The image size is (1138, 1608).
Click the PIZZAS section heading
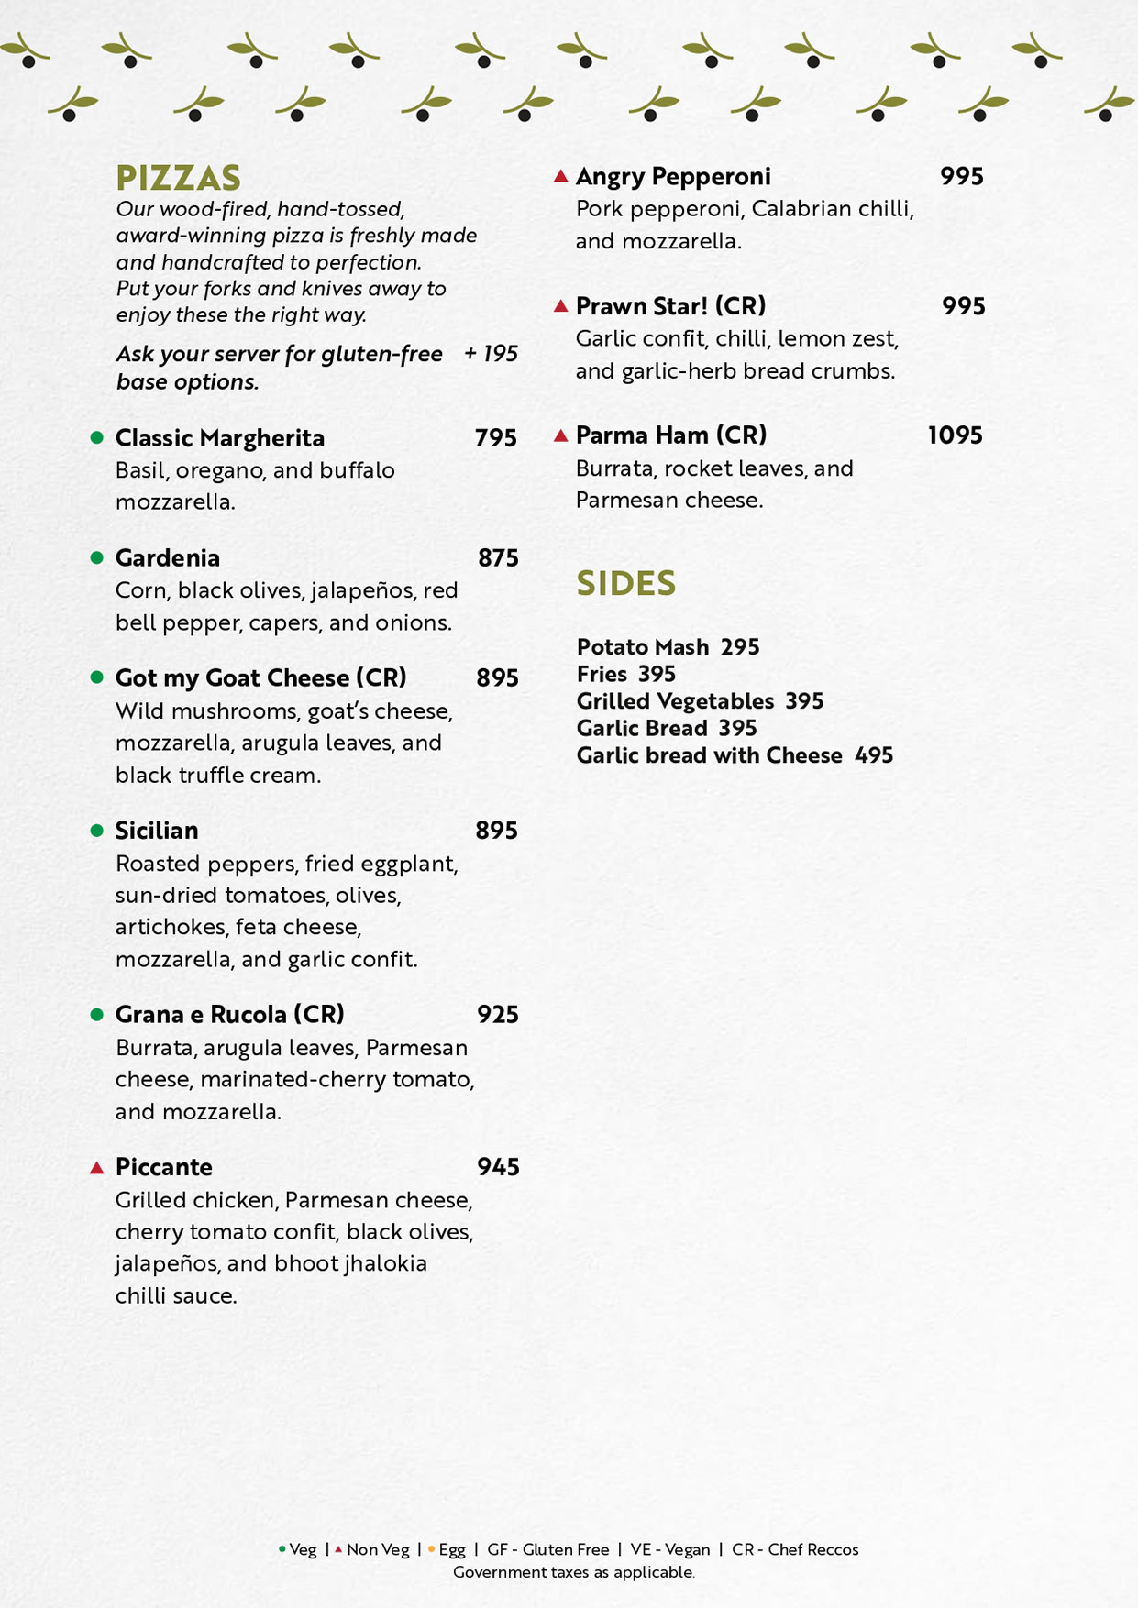tap(178, 178)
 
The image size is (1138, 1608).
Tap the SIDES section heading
tap(625, 583)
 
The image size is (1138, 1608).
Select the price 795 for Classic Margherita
tap(495, 438)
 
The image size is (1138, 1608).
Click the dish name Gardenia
tap(167, 558)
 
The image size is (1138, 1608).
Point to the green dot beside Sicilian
tap(96, 831)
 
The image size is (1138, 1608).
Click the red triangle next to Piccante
tap(96, 1167)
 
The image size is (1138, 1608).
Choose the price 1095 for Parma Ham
tap(955, 435)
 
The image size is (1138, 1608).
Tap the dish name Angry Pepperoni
tap(673, 176)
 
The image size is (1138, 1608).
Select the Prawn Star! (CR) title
tap(670, 306)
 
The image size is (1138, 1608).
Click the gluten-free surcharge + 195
tap(491, 354)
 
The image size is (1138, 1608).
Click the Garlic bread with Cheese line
tap(735, 755)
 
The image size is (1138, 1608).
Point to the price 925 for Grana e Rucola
tap(497, 1015)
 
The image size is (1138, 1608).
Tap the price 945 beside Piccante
tap(498, 1167)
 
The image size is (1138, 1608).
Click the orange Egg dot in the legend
tap(431, 1549)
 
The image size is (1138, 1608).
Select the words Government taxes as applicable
tap(573, 1572)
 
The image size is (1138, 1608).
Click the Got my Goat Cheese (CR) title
tap(260, 678)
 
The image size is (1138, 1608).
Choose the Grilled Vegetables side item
tap(700, 701)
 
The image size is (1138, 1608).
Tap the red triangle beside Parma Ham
tap(561, 435)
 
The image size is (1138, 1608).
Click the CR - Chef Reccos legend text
tap(795, 1549)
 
